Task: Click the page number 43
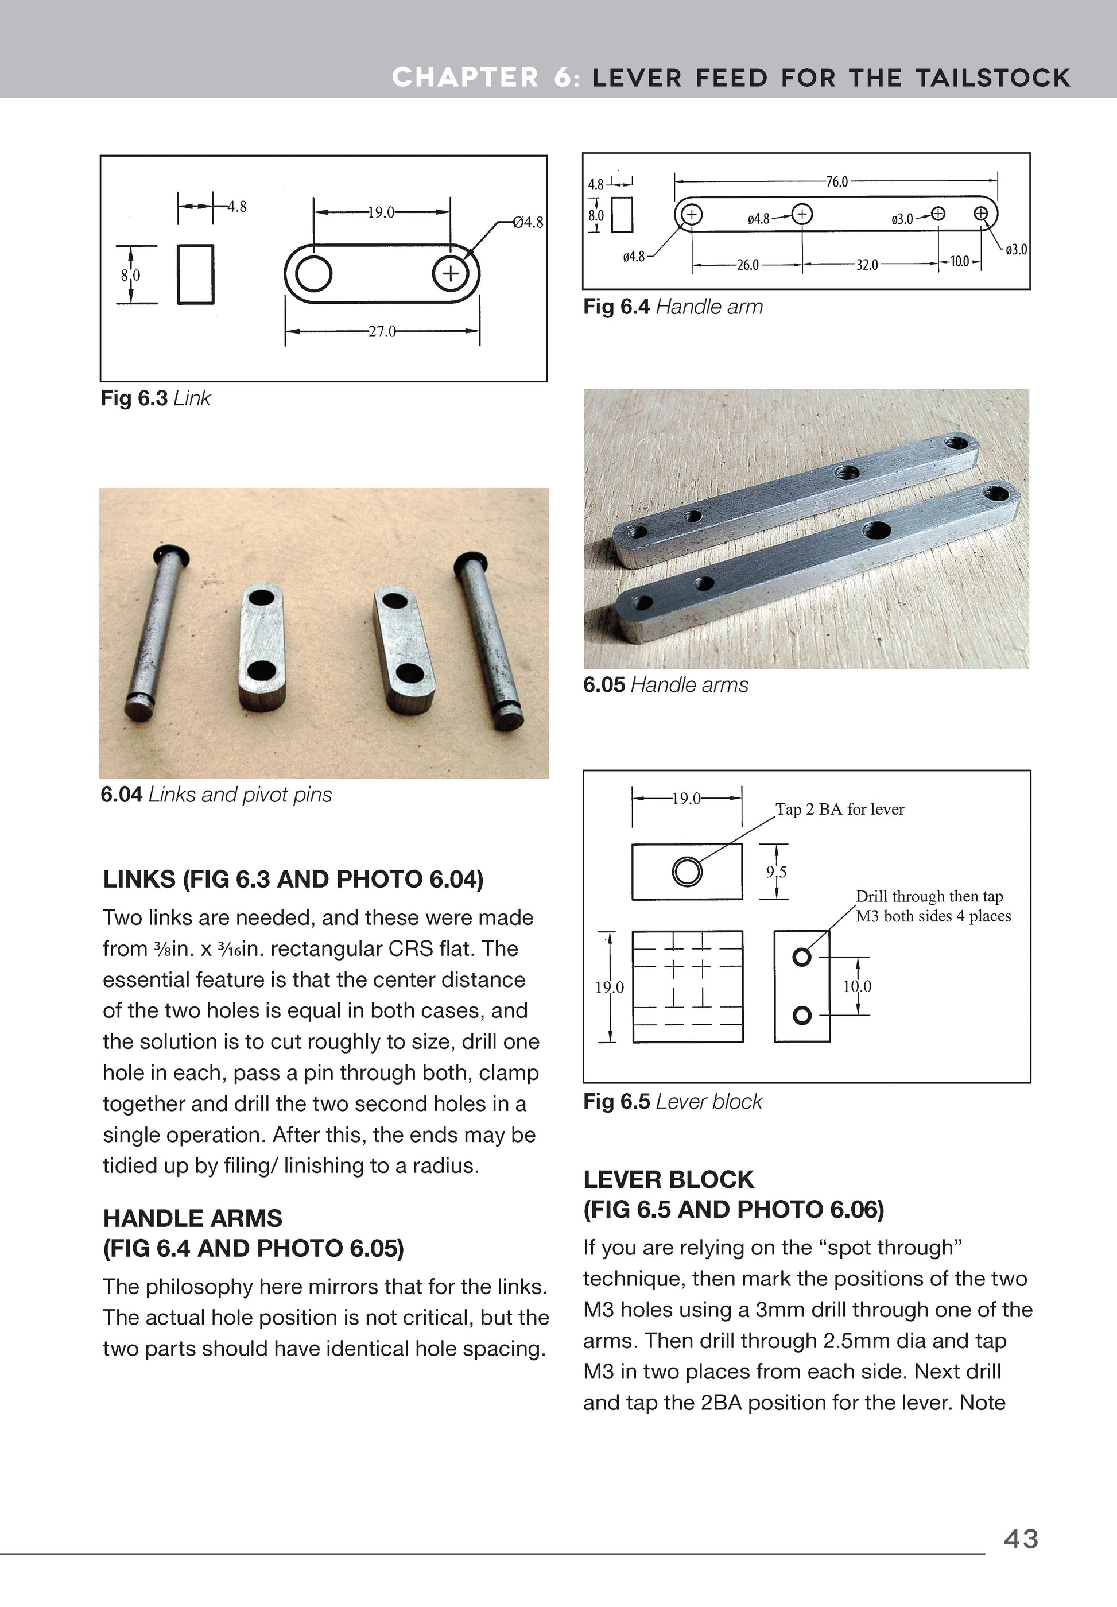[1021, 1539]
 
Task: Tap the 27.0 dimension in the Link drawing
[382, 331]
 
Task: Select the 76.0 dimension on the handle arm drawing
[836, 182]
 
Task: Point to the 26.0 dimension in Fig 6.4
[747, 265]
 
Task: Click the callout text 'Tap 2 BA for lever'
[839, 809]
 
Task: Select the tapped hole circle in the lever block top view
[687, 872]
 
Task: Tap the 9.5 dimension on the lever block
[775, 872]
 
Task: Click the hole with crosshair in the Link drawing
[451, 273]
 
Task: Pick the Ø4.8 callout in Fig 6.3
[528, 223]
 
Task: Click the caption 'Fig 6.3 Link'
[156, 398]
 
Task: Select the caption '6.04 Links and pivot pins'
[216, 795]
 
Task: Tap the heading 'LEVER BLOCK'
[668, 1180]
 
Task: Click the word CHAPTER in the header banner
[465, 77]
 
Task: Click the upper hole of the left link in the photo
[262, 599]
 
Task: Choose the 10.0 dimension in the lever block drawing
[856, 987]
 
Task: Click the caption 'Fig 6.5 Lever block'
[673, 1102]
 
